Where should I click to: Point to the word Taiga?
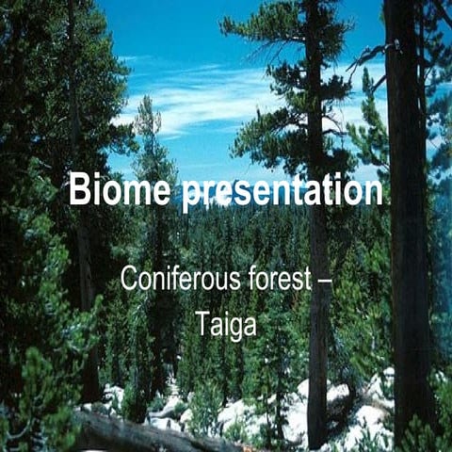pyautogui.click(x=226, y=323)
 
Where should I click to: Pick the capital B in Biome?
pyautogui.click(x=79, y=190)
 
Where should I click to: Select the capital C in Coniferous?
pyautogui.click(x=129, y=280)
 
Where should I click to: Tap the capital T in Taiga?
pyautogui.click(x=202, y=322)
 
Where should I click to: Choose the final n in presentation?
pyautogui.click(x=373, y=192)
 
